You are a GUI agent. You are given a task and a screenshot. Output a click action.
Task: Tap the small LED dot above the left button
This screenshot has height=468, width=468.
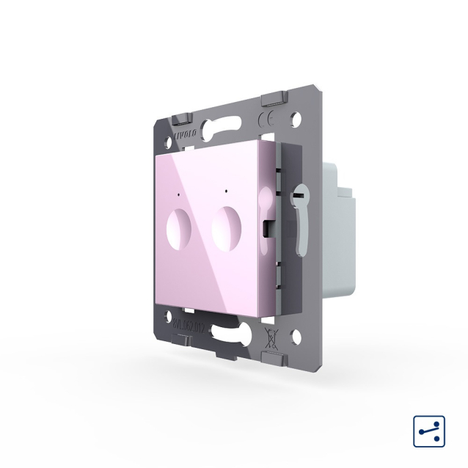tap(180, 195)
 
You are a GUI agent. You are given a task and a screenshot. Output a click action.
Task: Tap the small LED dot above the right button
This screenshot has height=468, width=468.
tap(227, 193)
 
